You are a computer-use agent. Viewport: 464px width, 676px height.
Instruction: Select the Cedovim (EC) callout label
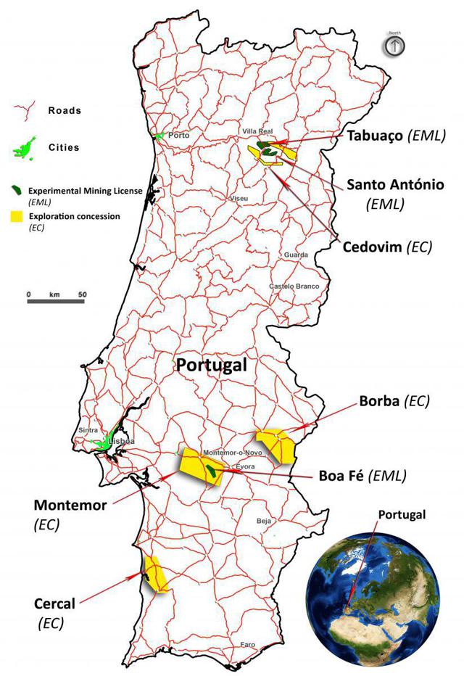click(x=387, y=247)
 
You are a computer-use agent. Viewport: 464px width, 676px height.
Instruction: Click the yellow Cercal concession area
click(x=156, y=574)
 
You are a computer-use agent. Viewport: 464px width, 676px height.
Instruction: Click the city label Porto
click(x=178, y=135)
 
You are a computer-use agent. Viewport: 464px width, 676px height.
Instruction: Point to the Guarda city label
click(x=297, y=255)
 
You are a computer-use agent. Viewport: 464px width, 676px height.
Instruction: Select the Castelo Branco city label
click(x=294, y=287)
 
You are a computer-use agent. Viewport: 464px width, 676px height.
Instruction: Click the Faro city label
click(x=248, y=644)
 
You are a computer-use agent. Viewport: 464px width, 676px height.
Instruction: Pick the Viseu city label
click(x=239, y=198)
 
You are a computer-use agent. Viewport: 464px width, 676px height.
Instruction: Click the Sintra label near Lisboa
click(x=88, y=430)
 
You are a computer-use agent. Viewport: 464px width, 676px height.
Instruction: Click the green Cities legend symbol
click(x=26, y=149)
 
